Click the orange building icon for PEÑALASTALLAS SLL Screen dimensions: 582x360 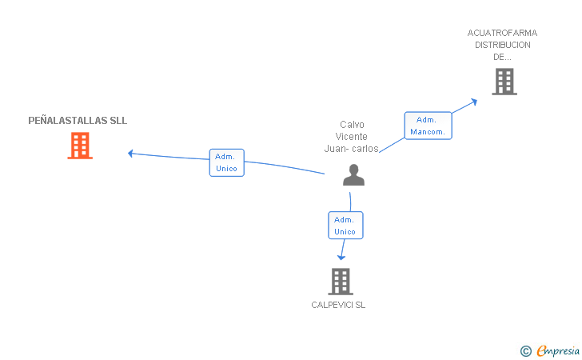[x=80, y=146]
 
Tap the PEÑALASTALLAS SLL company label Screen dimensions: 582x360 [x=78, y=120]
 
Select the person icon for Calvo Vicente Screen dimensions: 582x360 [x=353, y=174]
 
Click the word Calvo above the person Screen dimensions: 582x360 [x=352, y=125]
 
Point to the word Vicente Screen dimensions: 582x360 [x=351, y=136]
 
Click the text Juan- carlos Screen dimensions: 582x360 [x=351, y=149]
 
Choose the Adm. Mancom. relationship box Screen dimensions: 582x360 [x=428, y=126]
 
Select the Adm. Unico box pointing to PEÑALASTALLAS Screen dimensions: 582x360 [x=227, y=162]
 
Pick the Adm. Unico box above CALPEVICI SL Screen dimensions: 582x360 [x=345, y=225]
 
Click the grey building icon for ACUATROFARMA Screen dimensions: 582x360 [x=504, y=82]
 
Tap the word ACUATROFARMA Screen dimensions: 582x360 [x=502, y=33]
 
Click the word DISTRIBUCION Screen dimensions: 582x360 [x=503, y=45]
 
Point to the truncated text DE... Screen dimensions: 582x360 [x=502, y=57]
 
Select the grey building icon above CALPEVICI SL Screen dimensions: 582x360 [x=341, y=282]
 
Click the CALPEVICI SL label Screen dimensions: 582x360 [x=338, y=305]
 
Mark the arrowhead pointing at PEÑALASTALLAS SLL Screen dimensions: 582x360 [x=130, y=153]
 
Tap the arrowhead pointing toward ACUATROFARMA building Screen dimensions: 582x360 [x=474, y=101]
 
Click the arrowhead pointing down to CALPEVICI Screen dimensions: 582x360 [x=341, y=257]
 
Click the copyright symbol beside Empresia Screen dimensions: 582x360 [x=526, y=351]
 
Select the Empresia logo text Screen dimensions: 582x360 [x=558, y=350]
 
